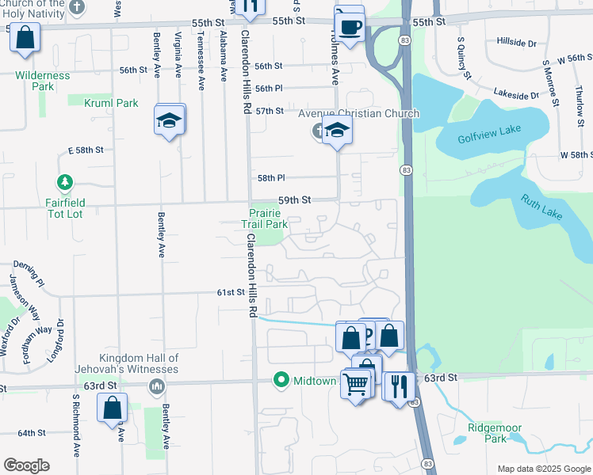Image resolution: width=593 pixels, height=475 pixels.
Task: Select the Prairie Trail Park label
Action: tap(264, 218)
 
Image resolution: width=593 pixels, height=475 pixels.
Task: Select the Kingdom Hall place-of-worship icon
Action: tap(157, 386)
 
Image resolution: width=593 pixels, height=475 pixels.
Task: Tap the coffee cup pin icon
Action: tap(349, 26)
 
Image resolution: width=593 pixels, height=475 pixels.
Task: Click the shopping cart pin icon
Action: tap(357, 385)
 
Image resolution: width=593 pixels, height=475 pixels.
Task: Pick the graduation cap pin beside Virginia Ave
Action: tap(169, 121)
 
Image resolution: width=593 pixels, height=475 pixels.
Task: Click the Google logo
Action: tap(26, 465)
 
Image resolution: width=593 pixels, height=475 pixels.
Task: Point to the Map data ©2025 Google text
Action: tap(543, 469)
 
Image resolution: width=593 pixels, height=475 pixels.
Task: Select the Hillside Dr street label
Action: tap(516, 41)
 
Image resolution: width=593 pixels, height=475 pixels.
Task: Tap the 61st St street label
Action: tap(230, 292)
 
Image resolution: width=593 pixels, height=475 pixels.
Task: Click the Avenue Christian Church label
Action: tap(358, 113)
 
